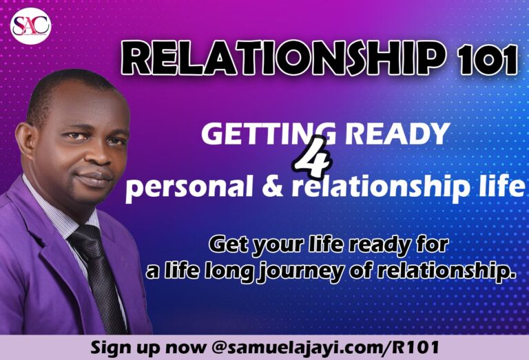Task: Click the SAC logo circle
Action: click(x=30, y=25)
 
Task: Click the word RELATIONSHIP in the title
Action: click(x=282, y=58)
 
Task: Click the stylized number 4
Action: click(x=313, y=157)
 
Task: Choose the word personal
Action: click(x=189, y=187)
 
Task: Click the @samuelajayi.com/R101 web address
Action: click(x=325, y=347)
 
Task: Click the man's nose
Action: click(x=98, y=156)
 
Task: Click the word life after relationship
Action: click(x=507, y=187)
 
